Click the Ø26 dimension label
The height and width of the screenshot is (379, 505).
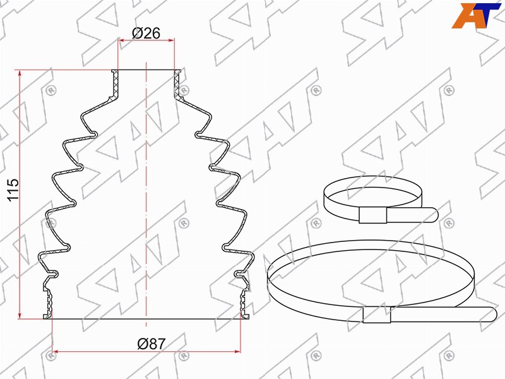pos(146,33)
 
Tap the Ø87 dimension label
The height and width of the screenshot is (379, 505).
pos(151,344)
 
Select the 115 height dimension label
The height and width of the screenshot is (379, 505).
pos(13,190)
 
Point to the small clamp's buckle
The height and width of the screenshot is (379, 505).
pos(372,215)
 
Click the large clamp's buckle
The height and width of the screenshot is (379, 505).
pos(376,315)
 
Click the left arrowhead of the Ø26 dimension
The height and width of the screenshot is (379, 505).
pos(121,40)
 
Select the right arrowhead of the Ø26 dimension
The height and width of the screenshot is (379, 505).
pos(171,40)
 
